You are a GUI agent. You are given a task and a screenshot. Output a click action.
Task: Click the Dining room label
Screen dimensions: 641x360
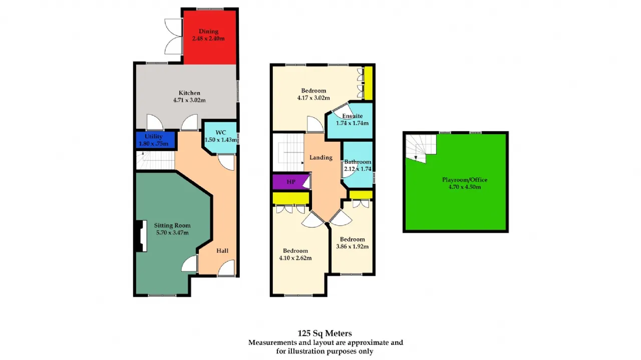tap(208, 32)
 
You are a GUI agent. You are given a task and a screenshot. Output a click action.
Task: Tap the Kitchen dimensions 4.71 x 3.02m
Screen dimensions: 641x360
tap(189, 100)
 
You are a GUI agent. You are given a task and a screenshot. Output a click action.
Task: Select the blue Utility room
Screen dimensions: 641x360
tap(155, 140)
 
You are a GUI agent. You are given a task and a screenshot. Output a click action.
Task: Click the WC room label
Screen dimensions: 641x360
tap(220, 133)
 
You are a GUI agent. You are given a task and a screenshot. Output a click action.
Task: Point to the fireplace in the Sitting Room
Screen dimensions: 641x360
tap(142, 236)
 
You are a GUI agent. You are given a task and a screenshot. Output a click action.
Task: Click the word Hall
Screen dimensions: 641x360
tap(222, 251)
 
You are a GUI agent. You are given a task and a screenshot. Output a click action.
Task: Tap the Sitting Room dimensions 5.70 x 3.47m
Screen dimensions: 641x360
tap(172, 233)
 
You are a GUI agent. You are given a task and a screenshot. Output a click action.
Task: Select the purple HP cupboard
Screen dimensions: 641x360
tap(291, 182)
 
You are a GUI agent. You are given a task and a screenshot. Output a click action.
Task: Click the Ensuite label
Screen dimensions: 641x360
tap(352, 116)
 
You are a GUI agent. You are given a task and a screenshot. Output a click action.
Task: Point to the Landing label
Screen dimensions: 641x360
tap(321, 157)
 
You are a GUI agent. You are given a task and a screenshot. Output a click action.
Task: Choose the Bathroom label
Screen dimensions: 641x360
tap(358, 162)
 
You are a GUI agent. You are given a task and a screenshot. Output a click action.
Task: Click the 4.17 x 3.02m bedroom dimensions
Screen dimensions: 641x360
tap(313, 98)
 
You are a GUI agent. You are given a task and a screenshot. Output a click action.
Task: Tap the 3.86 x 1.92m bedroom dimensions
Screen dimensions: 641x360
tap(352, 246)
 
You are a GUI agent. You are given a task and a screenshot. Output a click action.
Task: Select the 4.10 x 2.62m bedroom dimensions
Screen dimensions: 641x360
tap(295, 258)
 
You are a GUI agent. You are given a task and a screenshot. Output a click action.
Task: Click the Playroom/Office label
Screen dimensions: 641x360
tap(465, 180)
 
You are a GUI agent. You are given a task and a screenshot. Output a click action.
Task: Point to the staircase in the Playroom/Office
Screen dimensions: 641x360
tap(421, 148)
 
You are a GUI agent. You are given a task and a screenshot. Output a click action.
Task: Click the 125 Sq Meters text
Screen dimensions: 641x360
tap(325, 333)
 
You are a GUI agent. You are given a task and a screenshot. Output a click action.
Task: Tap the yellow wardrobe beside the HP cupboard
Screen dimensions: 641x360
tap(291, 198)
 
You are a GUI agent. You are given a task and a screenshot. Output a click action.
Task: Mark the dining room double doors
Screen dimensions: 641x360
tap(173, 37)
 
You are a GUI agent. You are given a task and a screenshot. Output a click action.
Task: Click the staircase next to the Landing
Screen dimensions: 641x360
tap(288, 152)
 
